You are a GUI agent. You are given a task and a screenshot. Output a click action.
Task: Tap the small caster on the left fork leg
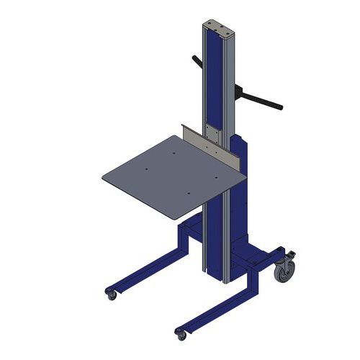coord(112,294)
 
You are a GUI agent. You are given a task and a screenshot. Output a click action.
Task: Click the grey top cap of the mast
coord(220,28)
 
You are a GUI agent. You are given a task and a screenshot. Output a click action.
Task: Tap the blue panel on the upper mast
coord(213,79)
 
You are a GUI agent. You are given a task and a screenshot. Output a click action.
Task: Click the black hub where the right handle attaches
coord(240,91)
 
